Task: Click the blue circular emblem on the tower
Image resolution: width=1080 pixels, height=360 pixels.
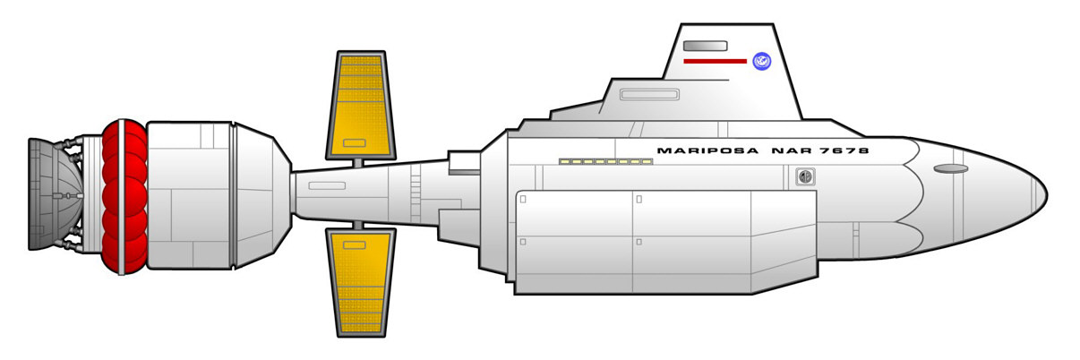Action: click(762, 62)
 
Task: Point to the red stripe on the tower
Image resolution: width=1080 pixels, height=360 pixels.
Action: click(714, 61)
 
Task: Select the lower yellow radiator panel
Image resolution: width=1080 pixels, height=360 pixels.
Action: click(362, 280)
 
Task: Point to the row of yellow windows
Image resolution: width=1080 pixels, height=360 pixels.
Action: click(605, 162)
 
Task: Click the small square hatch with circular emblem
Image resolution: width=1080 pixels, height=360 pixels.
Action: click(806, 177)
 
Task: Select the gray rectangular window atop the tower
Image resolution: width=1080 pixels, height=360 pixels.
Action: click(704, 45)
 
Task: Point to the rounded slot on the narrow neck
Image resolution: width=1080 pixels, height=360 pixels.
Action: click(327, 186)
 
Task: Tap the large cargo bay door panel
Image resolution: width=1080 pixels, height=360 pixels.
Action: click(663, 242)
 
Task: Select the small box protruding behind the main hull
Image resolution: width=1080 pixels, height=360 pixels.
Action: click(464, 162)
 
